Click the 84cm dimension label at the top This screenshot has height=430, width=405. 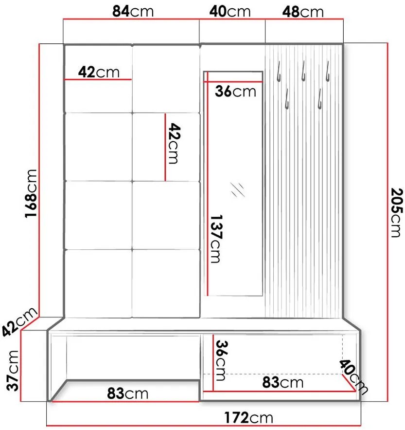(x=133, y=12)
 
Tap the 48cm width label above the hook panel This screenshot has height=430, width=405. (x=304, y=12)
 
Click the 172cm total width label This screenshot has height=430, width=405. (x=248, y=417)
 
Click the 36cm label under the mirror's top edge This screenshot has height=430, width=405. (x=235, y=91)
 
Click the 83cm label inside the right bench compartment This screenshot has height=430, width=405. (x=283, y=382)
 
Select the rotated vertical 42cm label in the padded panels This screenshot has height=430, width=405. (x=174, y=144)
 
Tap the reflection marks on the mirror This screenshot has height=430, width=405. (x=238, y=189)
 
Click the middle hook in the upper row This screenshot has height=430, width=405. (x=302, y=71)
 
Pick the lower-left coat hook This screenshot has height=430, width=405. (x=287, y=99)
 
